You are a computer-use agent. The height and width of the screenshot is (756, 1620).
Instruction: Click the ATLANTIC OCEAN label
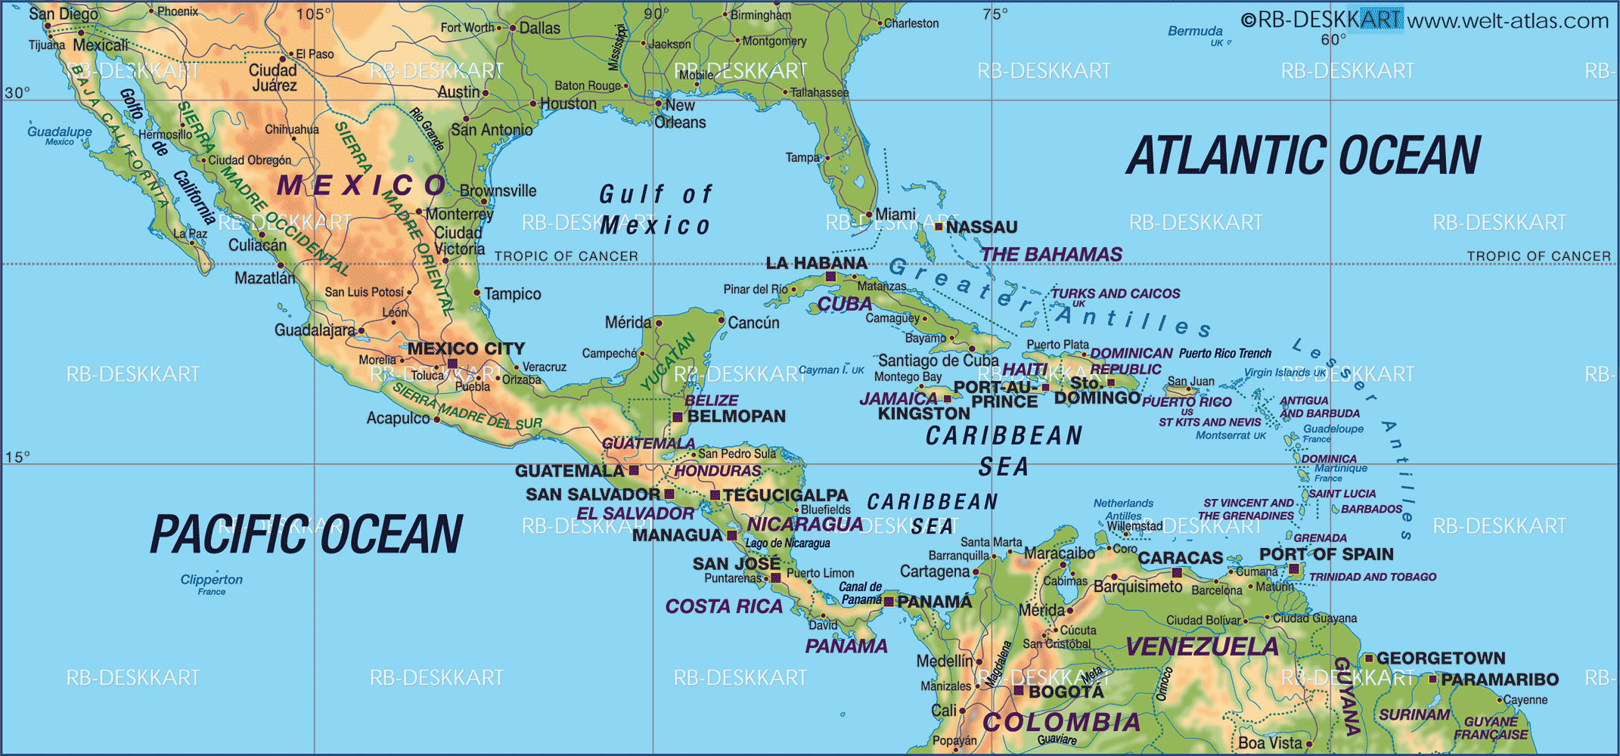point(1302,156)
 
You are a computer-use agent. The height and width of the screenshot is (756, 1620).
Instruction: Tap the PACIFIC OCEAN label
point(306,534)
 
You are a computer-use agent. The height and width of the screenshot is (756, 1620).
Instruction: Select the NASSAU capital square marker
point(939,226)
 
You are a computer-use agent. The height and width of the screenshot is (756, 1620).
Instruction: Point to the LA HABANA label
point(816,263)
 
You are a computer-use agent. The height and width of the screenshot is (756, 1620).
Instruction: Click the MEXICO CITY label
point(466,349)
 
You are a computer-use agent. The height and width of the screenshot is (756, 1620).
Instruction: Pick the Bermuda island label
point(1195,31)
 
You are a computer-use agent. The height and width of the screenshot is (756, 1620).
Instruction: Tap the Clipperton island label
point(211,580)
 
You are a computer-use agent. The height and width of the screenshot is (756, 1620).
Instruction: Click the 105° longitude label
point(314,14)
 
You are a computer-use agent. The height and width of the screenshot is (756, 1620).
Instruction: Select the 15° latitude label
point(17,457)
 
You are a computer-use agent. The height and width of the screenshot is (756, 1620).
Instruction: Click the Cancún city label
point(753,323)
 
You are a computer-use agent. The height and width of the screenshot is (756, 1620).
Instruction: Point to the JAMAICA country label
point(898,398)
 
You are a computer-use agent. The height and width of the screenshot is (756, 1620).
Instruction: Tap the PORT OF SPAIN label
point(1326,554)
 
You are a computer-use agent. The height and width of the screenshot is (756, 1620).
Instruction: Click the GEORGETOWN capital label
point(1441,658)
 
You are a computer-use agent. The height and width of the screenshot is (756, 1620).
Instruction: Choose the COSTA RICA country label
point(724,606)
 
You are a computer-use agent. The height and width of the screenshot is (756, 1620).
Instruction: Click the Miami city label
point(895,214)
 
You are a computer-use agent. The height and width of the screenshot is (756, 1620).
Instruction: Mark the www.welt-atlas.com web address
point(1507,20)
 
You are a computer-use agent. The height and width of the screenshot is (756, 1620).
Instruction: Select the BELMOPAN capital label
point(736,416)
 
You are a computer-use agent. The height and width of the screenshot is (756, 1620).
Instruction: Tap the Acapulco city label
point(398,418)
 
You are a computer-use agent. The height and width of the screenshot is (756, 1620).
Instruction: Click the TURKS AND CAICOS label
point(1115,293)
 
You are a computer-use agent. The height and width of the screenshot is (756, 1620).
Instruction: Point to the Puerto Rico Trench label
point(1224,353)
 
